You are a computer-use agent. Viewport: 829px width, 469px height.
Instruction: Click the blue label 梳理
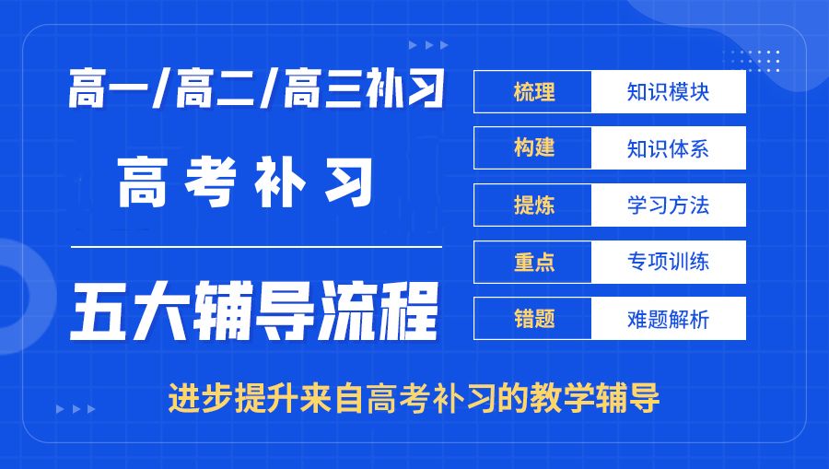533,92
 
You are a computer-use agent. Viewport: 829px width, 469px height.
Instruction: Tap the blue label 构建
533,148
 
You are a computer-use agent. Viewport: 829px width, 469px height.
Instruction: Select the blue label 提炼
533,205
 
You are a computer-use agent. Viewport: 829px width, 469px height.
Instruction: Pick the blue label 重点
533,262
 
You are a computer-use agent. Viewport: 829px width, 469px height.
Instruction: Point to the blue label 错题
533,319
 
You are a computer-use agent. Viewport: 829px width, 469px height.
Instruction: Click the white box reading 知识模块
668,92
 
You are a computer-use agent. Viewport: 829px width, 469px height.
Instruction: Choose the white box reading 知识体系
668,148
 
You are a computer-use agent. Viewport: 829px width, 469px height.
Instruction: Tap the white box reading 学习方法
668,205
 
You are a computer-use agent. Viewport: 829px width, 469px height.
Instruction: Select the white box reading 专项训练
668,262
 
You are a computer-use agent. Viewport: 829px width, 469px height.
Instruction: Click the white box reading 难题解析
668,319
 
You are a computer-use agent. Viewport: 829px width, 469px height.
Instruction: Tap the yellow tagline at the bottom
414,398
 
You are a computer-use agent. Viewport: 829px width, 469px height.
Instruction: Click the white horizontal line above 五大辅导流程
257,247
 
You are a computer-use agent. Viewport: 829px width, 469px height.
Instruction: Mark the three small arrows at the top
428,44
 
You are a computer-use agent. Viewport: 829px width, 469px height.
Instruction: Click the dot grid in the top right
760,60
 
